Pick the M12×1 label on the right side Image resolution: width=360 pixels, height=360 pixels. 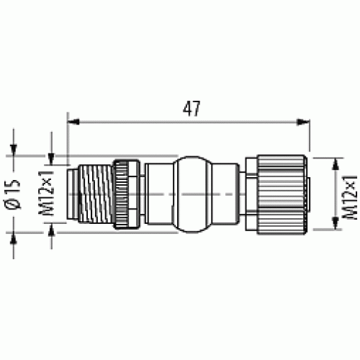tap(351, 195)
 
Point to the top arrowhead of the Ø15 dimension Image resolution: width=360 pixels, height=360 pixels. tap(15, 150)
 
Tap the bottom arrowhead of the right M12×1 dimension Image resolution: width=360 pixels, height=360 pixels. tap(336, 226)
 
